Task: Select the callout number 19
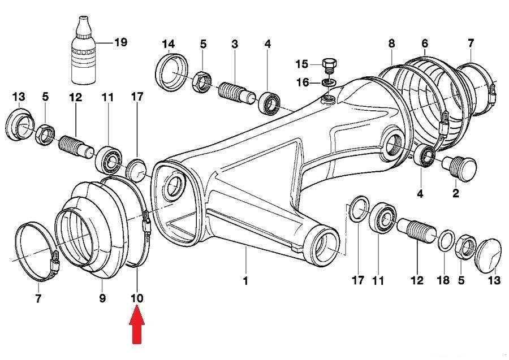[120, 42]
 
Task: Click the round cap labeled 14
[172, 72]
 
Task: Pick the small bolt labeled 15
[329, 64]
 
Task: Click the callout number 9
[102, 297]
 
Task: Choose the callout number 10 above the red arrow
[137, 297]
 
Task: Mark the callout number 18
[444, 280]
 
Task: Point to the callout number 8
[391, 43]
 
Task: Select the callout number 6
[425, 43]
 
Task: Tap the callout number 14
[169, 44]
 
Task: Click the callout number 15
[302, 63]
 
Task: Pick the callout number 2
[455, 193]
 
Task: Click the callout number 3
[234, 44]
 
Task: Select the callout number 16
[303, 83]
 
